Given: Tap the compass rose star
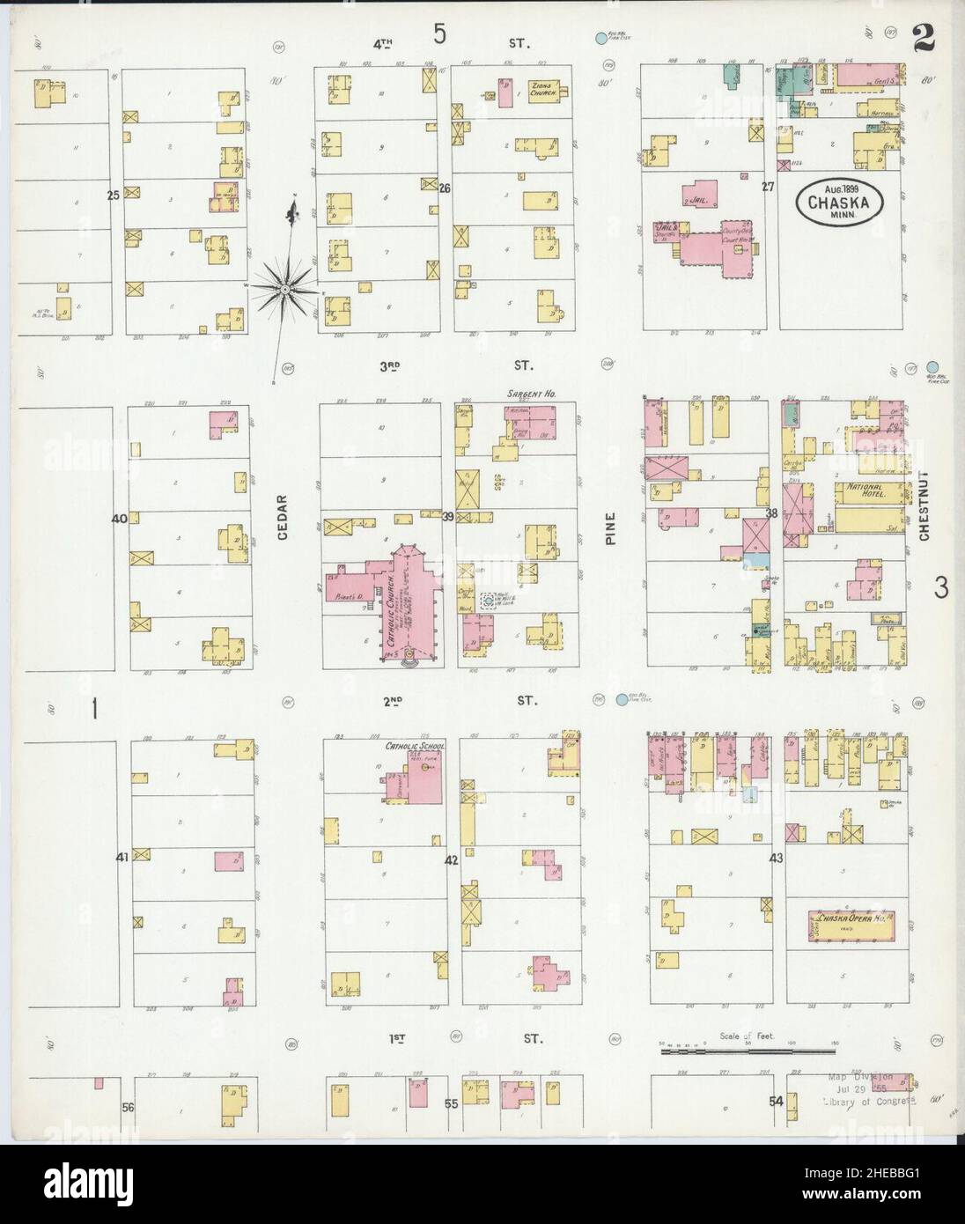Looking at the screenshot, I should (286, 287).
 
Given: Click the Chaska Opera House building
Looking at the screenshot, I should (851, 926).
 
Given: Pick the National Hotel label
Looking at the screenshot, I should (864, 487).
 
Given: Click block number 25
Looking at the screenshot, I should (113, 195).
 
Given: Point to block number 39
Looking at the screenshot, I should (447, 517).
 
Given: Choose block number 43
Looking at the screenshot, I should (776, 857).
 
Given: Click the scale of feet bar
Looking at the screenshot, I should (747, 1050).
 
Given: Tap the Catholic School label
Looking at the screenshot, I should (415, 747).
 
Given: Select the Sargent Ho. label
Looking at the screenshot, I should (527, 394).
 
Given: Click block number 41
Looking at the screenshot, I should (122, 856).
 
